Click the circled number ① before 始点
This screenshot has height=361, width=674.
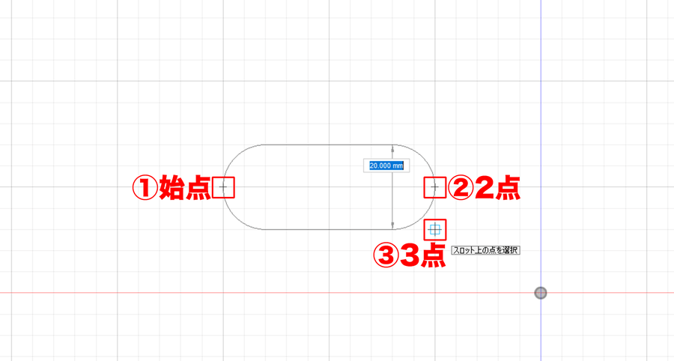[145, 188]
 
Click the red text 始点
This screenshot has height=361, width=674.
[185, 188]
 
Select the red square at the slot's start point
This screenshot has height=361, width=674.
[223, 187]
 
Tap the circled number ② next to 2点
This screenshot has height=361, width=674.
[461, 188]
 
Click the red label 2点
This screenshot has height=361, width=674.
[497, 188]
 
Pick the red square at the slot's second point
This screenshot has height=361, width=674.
[435, 187]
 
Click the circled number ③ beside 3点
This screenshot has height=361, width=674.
[386, 256]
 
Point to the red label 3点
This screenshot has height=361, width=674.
[422, 256]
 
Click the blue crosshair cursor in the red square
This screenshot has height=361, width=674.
[435, 230]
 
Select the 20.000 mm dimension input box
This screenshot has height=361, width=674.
[386, 166]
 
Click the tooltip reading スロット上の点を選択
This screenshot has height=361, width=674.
[486, 250]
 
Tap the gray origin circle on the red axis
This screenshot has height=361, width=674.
[540, 293]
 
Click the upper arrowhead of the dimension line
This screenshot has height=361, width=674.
[392, 149]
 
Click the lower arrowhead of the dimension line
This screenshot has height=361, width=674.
[392, 225]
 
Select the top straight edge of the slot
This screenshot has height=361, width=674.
[329, 145]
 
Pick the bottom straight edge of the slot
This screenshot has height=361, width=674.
[329, 229]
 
